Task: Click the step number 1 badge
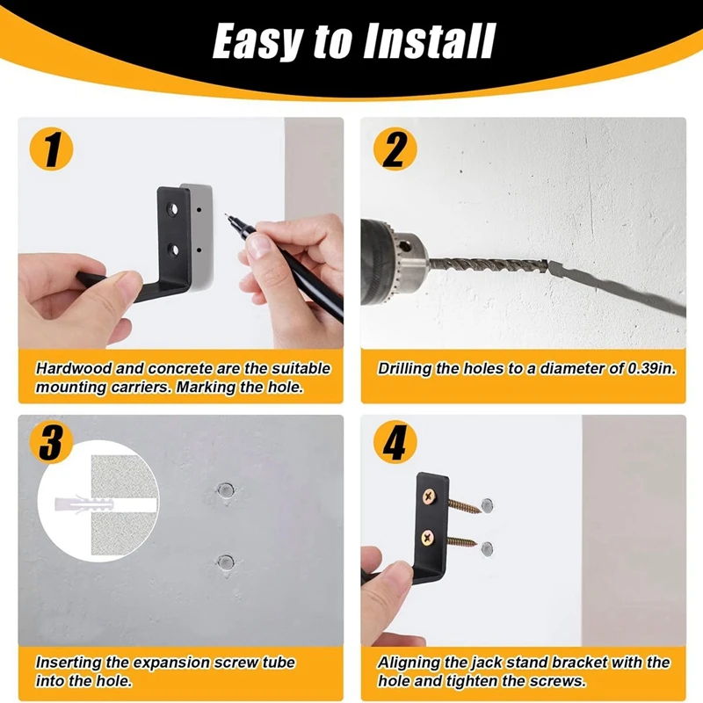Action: coord(51,149)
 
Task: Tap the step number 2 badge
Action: coord(395,149)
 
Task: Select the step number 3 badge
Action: coord(51,442)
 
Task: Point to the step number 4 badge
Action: coord(395,442)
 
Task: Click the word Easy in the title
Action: coord(257,41)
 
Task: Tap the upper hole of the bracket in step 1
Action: coord(172,209)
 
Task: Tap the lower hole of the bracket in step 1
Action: coord(172,250)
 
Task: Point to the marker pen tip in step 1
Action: coord(226,214)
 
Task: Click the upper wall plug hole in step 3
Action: coord(226,489)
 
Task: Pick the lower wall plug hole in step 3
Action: coord(225,562)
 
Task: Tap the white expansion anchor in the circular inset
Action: coord(83,504)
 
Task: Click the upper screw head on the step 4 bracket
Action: coord(430,496)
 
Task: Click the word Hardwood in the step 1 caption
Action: coord(74,368)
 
